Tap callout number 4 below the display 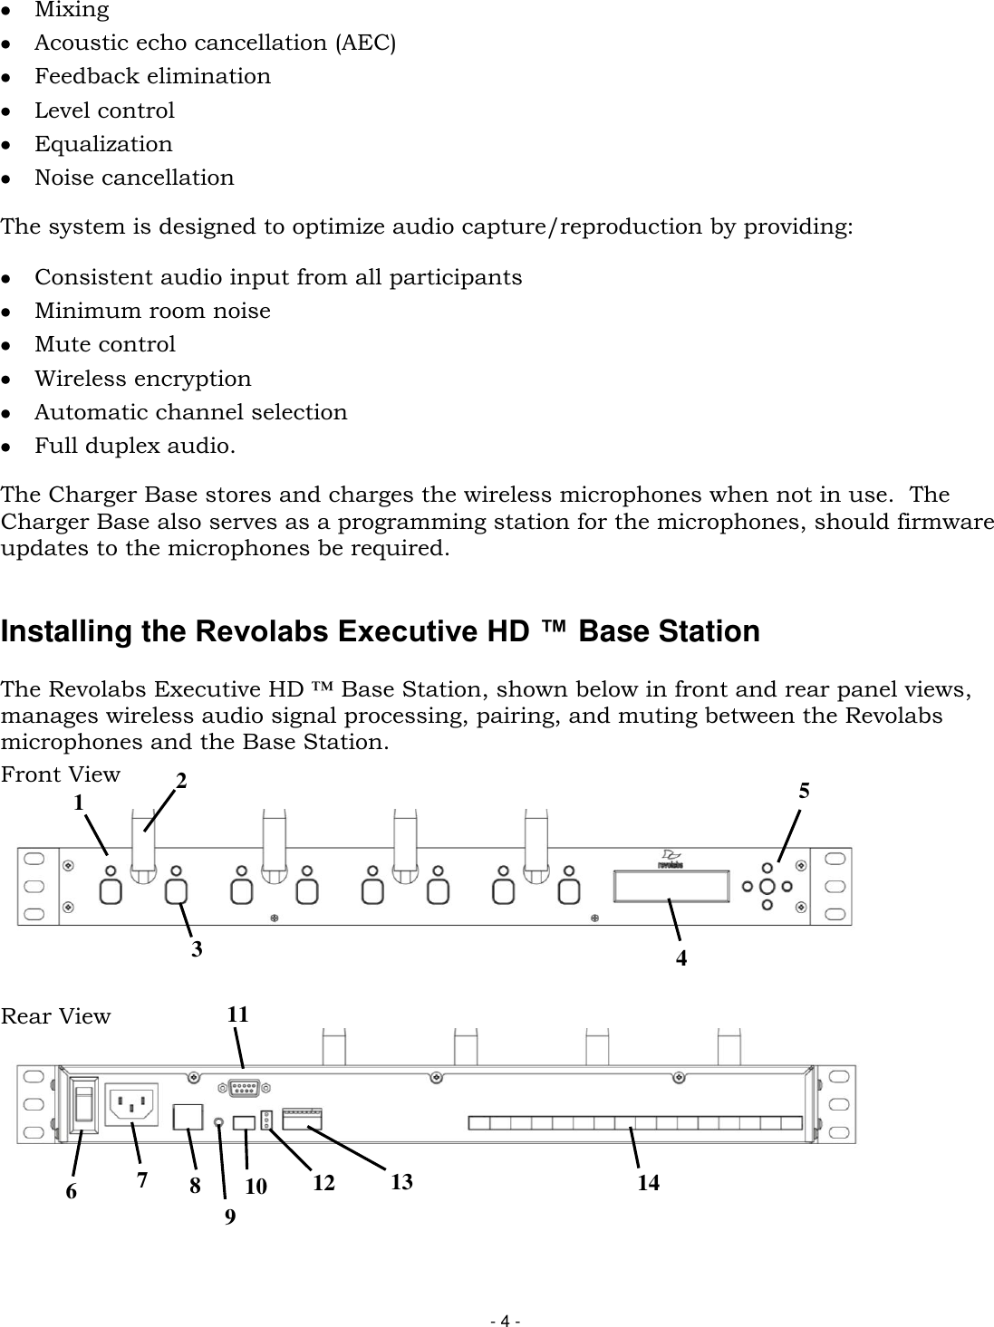pos(681,957)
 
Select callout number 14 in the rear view pos(648,1182)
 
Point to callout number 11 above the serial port pos(237,1015)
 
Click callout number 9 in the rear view pos(230,1217)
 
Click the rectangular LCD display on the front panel pos(670,886)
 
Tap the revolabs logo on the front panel pos(671,859)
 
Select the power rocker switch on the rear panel pos(83,1104)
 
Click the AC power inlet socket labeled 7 pos(132,1104)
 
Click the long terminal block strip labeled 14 pos(634,1123)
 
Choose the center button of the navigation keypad pos(767,886)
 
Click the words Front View pos(60,774)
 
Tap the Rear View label pos(55,1016)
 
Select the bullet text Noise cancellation pos(134,178)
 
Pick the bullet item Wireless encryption pos(143,379)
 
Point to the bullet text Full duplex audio pos(135,447)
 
